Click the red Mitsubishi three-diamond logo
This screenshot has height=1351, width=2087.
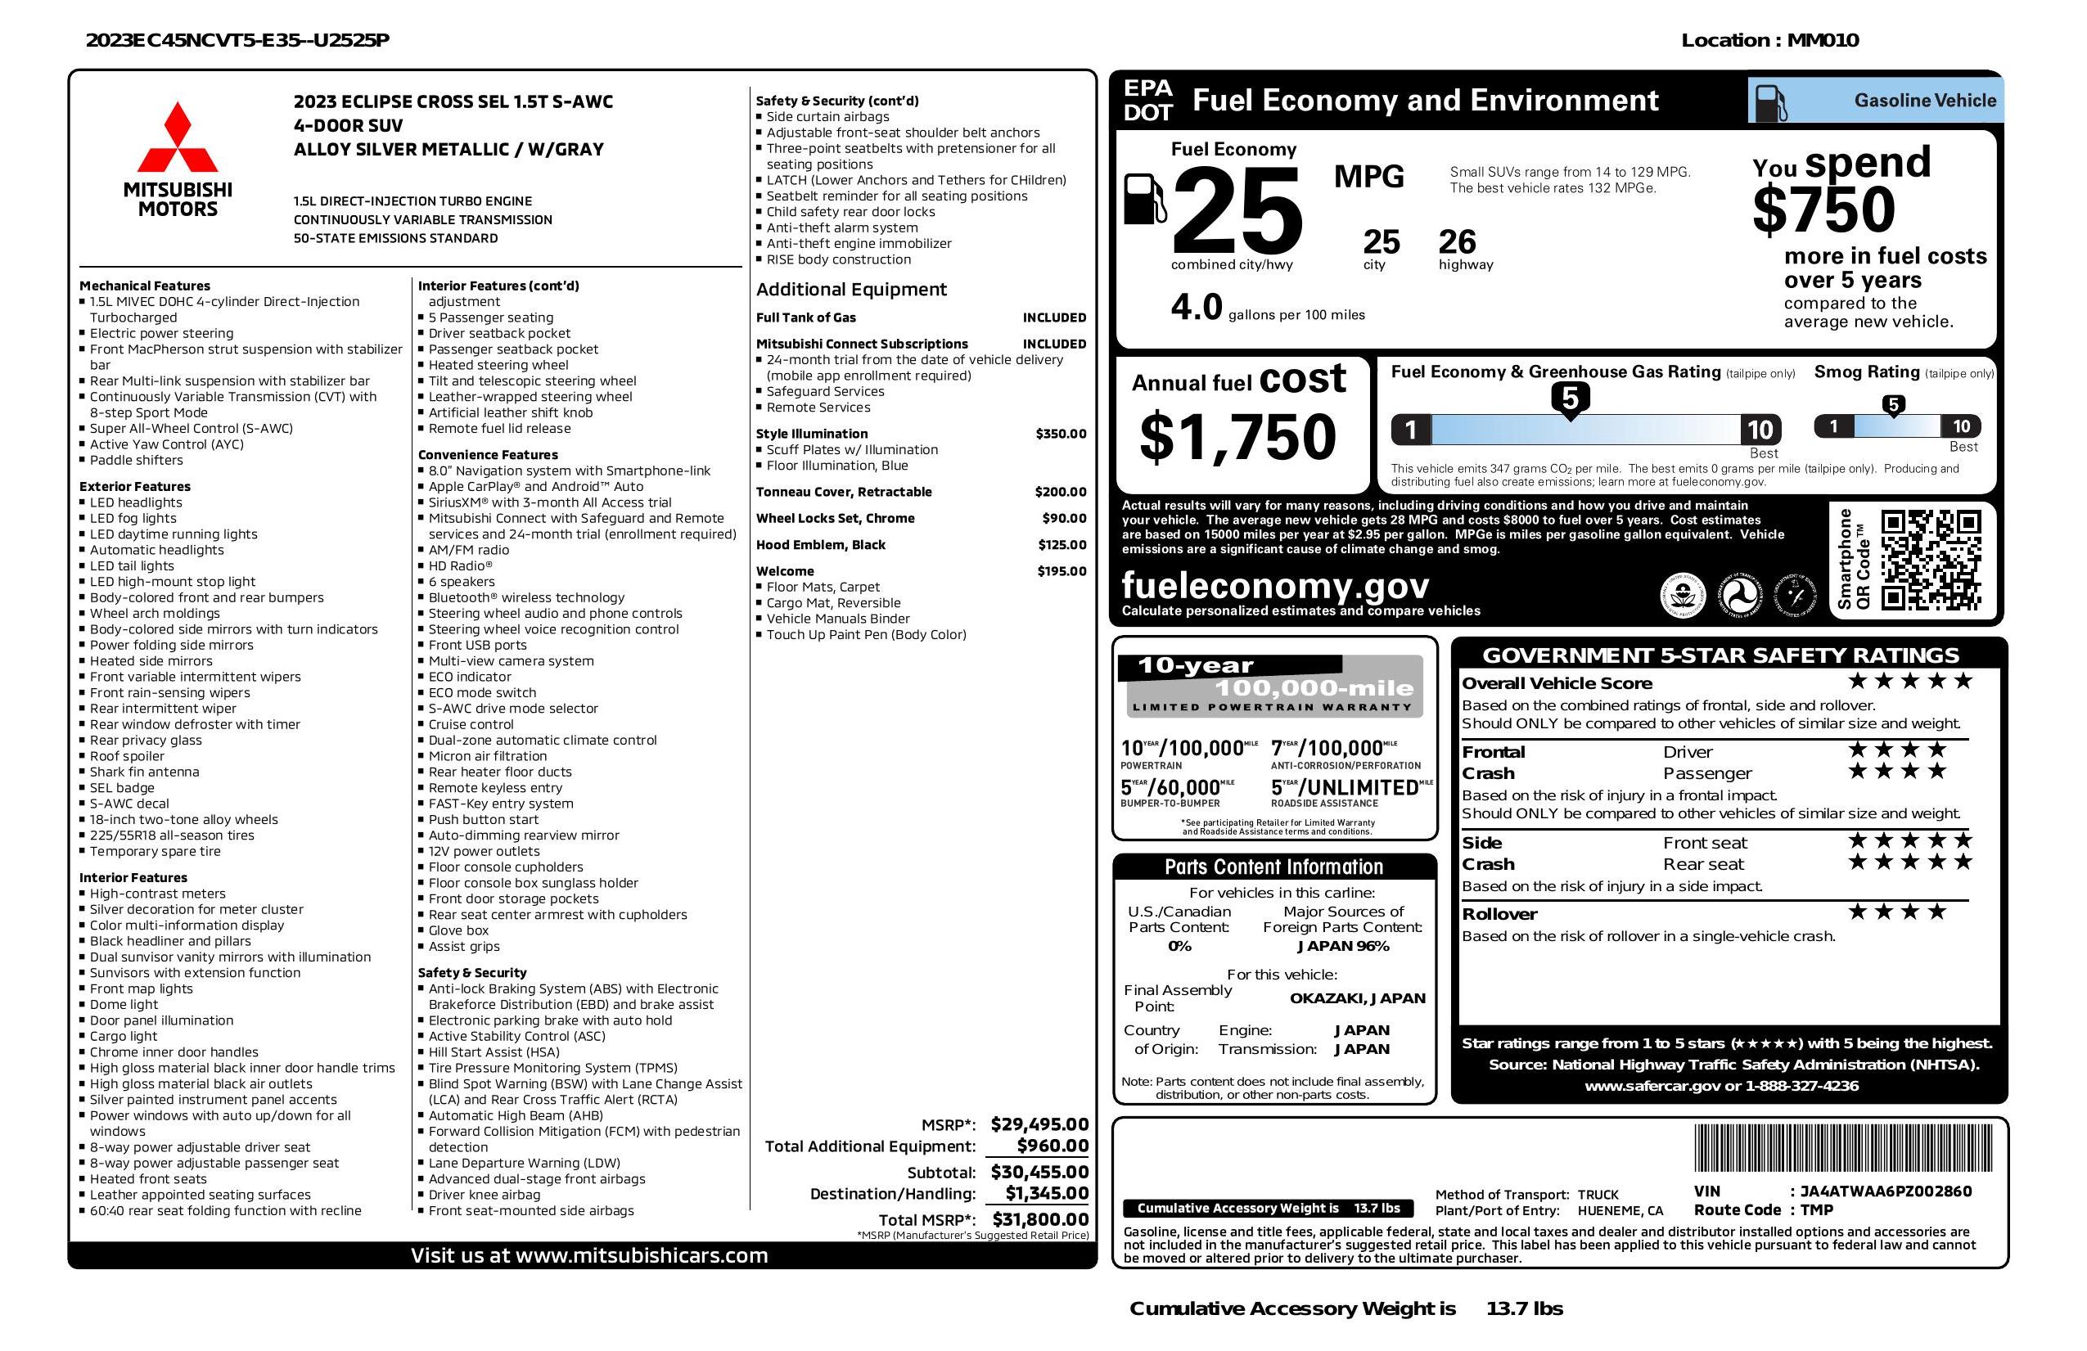pos(177,138)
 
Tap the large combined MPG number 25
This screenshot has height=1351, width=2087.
pos(1237,211)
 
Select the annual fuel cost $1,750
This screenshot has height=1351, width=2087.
pos(1237,438)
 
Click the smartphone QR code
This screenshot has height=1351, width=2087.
pos(1930,560)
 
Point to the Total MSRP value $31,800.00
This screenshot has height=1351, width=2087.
pos(1040,1218)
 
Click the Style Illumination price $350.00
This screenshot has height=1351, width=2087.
pos(1060,434)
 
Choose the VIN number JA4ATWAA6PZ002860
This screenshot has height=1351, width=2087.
pos(1886,1191)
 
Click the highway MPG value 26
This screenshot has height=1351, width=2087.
pos(1457,242)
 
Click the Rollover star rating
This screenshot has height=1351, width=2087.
pos(1897,912)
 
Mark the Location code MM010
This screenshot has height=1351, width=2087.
pos(1822,40)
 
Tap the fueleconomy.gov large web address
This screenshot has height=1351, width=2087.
pos(1275,585)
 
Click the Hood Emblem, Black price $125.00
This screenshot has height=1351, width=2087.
pos(1062,544)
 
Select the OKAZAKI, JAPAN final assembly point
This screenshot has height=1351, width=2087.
pos(1357,997)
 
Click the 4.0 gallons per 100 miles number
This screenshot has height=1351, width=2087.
pos(1196,308)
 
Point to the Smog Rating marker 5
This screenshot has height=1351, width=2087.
pos(1893,405)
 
